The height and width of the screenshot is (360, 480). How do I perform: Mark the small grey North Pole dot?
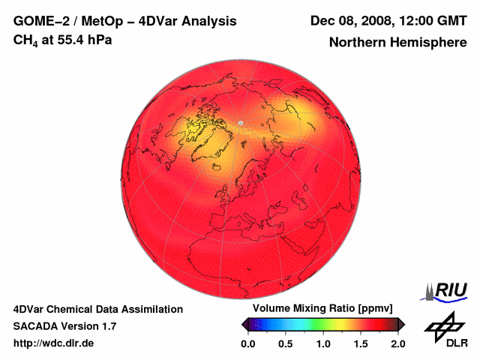(241, 122)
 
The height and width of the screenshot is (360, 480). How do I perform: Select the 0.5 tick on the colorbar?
(286, 343)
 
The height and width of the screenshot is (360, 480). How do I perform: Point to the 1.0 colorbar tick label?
(323, 343)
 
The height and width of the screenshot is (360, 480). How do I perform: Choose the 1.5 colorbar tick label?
(361, 343)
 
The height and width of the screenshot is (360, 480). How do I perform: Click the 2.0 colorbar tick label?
(397, 343)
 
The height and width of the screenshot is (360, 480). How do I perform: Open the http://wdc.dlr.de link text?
(54, 344)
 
